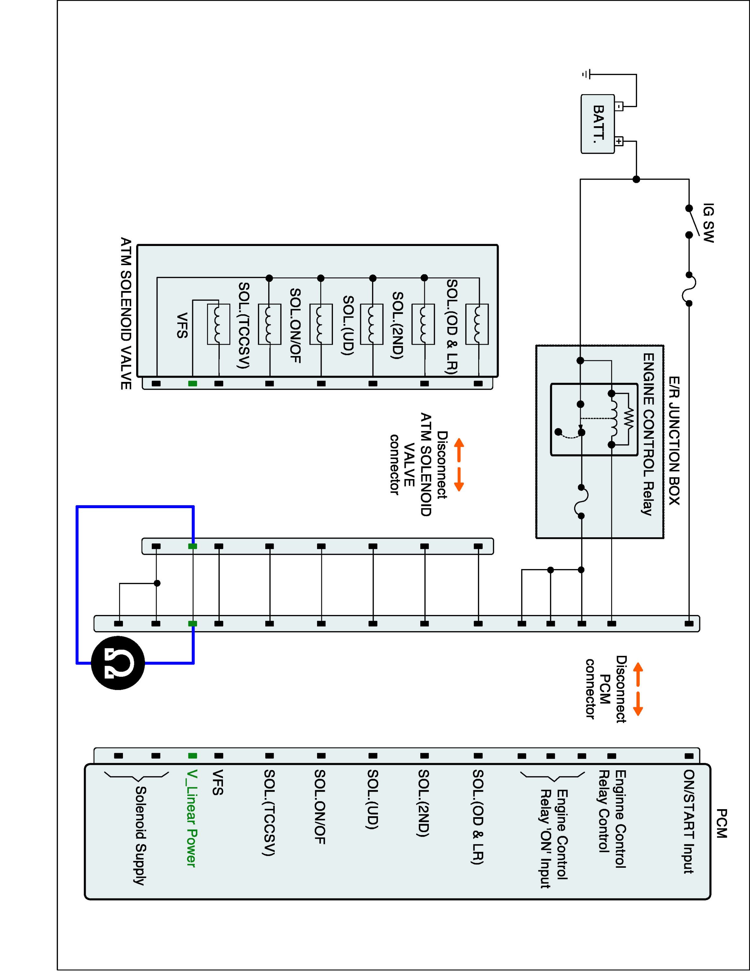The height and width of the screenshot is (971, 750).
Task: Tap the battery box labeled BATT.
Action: pos(598,124)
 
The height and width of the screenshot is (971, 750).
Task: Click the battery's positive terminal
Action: pos(619,142)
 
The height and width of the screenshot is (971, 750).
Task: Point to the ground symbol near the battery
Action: pos(587,74)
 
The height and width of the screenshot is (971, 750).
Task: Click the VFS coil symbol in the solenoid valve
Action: pos(219,324)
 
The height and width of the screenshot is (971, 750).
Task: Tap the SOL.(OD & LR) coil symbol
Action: pos(477,324)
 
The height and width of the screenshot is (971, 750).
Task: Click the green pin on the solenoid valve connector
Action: pos(193,383)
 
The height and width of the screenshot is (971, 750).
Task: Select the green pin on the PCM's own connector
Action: pos(193,755)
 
